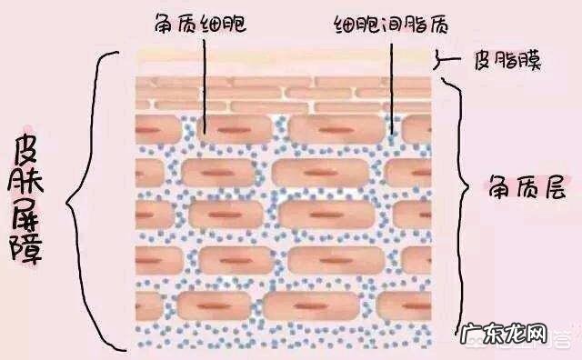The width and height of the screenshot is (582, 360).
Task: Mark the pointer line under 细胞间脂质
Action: point(392,82)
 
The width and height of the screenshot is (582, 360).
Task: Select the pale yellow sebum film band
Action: point(282,60)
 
